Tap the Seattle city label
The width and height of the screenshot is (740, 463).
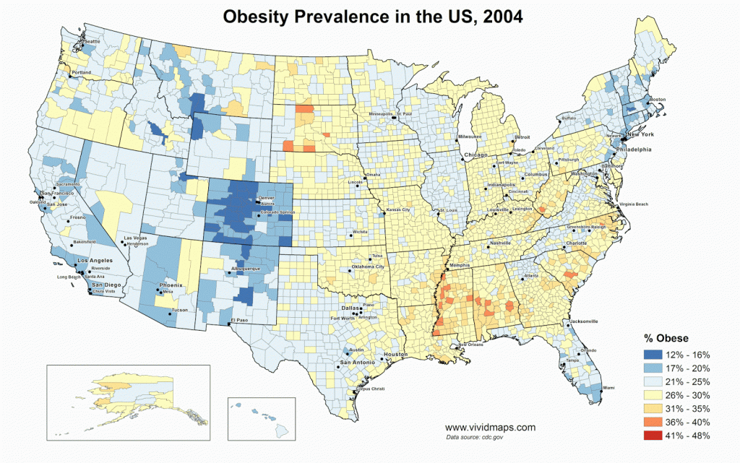[x=92, y=42]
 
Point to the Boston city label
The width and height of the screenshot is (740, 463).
[x=658, y=99]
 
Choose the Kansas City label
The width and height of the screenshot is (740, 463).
[x=398, y=209]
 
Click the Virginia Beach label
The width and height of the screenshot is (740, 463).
[x=634, y=205]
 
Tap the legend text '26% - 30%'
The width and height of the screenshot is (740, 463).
[x=692, y=395]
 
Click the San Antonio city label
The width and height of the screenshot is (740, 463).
[x=358, y=362]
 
